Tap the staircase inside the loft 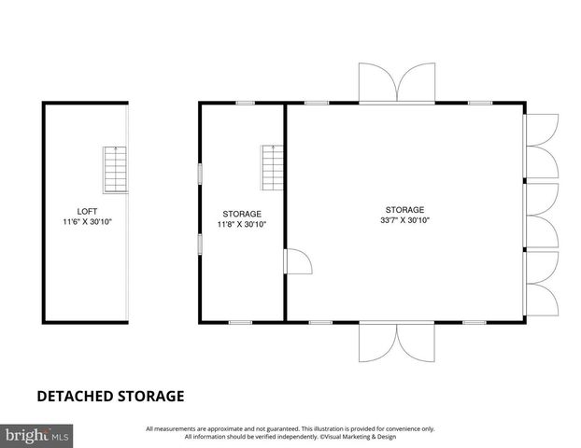click(113, 169)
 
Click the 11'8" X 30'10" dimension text click(242, 224)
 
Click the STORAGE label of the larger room click(404, 209)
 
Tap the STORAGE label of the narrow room click(242, 214)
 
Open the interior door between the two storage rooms click(297, 263)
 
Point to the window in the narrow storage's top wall click(245, 102)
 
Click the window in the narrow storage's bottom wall click(240, 322)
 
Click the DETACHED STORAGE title click(110, 396)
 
